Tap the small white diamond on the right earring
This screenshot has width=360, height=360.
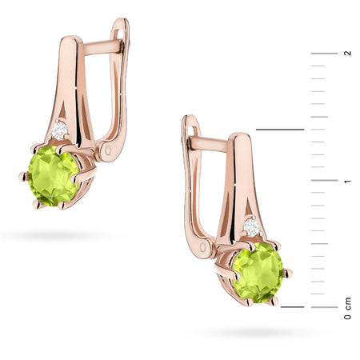251,228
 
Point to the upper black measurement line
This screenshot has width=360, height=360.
279,129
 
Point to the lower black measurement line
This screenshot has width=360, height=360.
293,306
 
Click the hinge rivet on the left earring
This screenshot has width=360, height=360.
107,149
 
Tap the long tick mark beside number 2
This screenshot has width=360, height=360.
324,53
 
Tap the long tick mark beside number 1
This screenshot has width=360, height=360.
324,181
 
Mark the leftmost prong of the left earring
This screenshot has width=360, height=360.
22,176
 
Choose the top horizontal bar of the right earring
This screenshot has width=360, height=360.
210,145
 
